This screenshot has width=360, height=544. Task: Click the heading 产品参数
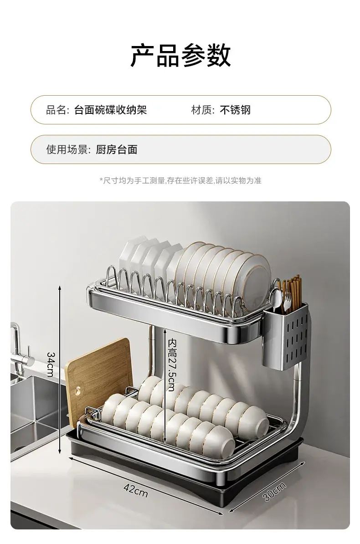(x=180, y=56)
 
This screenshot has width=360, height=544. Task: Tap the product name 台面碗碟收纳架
(x=110, y=110)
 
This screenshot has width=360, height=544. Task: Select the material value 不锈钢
(x=235, y=110)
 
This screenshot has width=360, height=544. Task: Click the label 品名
(x=56, y=110)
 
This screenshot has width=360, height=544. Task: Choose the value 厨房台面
(x=117, y=149)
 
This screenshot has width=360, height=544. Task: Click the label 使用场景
(x=68, y=149)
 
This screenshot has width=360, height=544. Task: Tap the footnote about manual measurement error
(x=180, y=180)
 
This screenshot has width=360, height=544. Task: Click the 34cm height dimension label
(x=50, y=364)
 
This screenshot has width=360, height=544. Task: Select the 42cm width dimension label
(x=136, y=490)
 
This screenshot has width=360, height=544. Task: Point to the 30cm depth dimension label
(x=274, y=491)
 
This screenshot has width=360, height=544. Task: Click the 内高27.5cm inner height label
(x=171, y=365)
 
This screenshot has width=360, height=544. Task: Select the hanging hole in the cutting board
(x=77, y=391)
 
